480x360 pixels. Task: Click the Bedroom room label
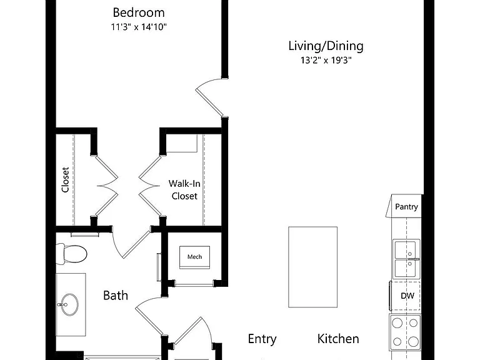point(139,12)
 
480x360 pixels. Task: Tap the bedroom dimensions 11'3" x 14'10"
point(139,27)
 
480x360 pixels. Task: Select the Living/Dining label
point(326,46)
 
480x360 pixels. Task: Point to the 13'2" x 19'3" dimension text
point(326,60)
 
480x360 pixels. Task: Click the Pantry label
point(406,207)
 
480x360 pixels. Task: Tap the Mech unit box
point(195,257)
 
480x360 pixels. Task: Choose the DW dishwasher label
point(407,296)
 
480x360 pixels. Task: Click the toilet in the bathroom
point(72,254)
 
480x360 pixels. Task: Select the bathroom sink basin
point(69,304)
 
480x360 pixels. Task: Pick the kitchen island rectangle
point(313,267)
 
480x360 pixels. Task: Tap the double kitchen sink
point(406,259)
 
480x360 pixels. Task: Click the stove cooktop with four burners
point(405,332)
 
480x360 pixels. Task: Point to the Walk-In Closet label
point(184,190)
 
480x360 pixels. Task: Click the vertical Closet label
point(65,180)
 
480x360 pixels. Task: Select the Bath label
point(116,296)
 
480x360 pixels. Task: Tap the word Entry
point(262,339)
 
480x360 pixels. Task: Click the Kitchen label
point(338,339)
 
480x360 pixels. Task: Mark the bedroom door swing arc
point(206,82)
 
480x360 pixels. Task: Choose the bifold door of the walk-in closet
point(150,186)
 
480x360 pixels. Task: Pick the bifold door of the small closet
point(107,186)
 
